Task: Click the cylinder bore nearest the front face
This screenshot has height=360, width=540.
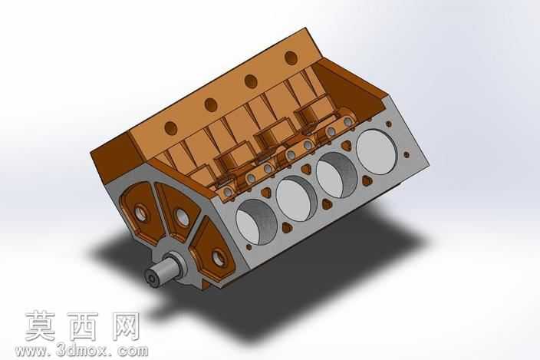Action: tap(256, 222)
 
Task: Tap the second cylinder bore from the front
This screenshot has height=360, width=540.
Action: tap(297, 199)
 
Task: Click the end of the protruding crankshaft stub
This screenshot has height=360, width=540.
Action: tap(151, 277)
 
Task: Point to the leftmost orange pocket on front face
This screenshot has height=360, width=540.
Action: tap(142, 213)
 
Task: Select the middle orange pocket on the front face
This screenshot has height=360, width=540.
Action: tap(178, 211)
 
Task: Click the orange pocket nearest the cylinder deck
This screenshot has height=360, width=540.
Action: tap(212, 249)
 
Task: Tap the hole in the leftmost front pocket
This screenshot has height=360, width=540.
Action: tap(140, 213)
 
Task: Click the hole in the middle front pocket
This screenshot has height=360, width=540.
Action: tap(183, 218)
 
